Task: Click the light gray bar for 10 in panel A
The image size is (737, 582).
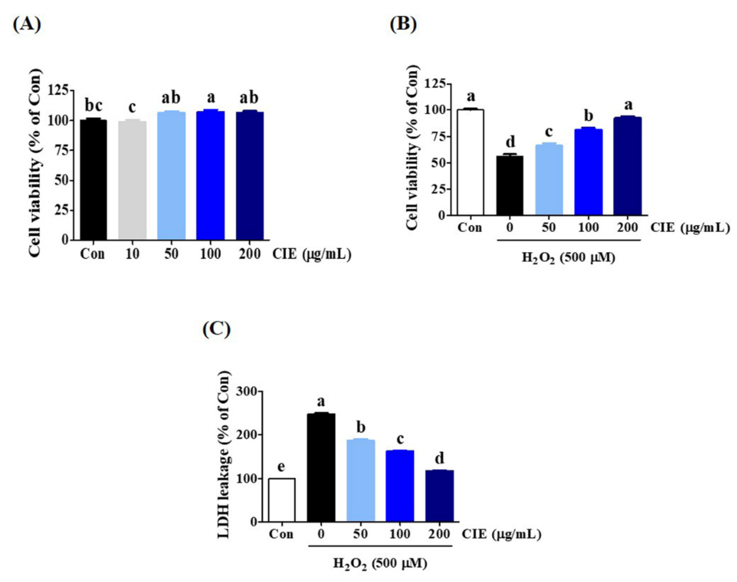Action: (132, 180)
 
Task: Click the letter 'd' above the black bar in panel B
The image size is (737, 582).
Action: (510, 142)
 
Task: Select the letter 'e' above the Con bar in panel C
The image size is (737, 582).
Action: (281, 467)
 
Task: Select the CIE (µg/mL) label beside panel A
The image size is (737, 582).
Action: (311, 254)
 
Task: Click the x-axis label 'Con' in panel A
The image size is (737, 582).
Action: (92, 254)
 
